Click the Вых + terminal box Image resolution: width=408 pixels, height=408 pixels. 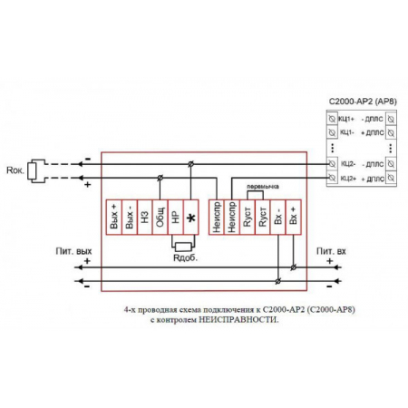[114, 219]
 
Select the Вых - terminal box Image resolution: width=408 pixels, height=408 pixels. [131, 219]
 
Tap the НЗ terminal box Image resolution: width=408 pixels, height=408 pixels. [145, 219]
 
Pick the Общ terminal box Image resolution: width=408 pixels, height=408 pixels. [160, 219]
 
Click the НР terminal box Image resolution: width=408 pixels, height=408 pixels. [176, 219]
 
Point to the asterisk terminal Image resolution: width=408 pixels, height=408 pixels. [191, 219]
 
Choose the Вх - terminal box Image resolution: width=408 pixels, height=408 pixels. [277, 219]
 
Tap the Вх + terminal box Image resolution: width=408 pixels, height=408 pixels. [293, 219]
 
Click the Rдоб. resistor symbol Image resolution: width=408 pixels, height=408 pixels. [183, 246]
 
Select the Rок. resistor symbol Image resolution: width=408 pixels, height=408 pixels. [34, 170]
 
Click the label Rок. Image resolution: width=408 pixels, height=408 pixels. [14, 170]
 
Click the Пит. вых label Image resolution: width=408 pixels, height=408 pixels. [75, 249]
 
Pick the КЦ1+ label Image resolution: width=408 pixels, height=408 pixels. [345, 119]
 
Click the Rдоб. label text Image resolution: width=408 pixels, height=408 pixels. [185, 257]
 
